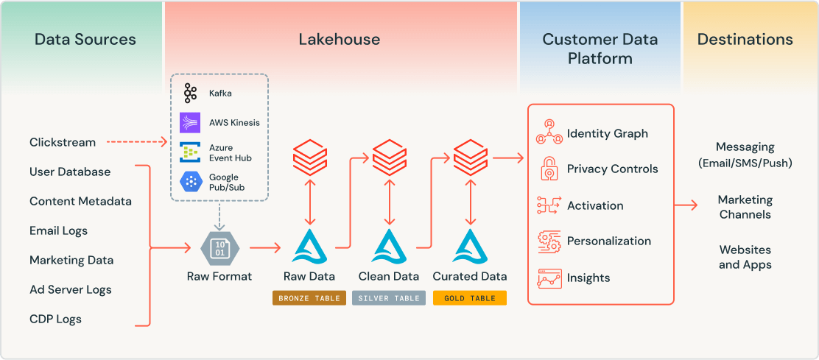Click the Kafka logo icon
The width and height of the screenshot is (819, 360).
(x=191, y=93)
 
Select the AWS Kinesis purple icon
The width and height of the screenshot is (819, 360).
(x=191, y=122)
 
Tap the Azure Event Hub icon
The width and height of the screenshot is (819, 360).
(x=191, y=152)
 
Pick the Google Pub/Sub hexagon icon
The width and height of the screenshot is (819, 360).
(x=191, y=182)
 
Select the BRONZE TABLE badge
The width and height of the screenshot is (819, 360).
(x=309, y=298)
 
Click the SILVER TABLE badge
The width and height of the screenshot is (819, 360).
(x=389, y=298)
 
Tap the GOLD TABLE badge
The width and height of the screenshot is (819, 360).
(x=469, y=298)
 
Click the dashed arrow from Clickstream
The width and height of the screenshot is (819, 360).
(x=137, y=142)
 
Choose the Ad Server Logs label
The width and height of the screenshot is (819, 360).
(x=71, y=289)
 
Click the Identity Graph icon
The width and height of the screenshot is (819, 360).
(x=549, y=133)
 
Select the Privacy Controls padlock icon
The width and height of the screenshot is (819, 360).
(x=549, y=169)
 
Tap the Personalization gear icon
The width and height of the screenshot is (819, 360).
(x=549, y=241)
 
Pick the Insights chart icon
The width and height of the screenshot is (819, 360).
(x=549, y=278)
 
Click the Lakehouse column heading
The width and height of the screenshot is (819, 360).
(x=340, y=40)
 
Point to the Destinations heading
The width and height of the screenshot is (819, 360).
(x=745, y=40)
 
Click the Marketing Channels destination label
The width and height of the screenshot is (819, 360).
(x=745, y=207)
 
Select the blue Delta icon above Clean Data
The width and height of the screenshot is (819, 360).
(x=389, y=247)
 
